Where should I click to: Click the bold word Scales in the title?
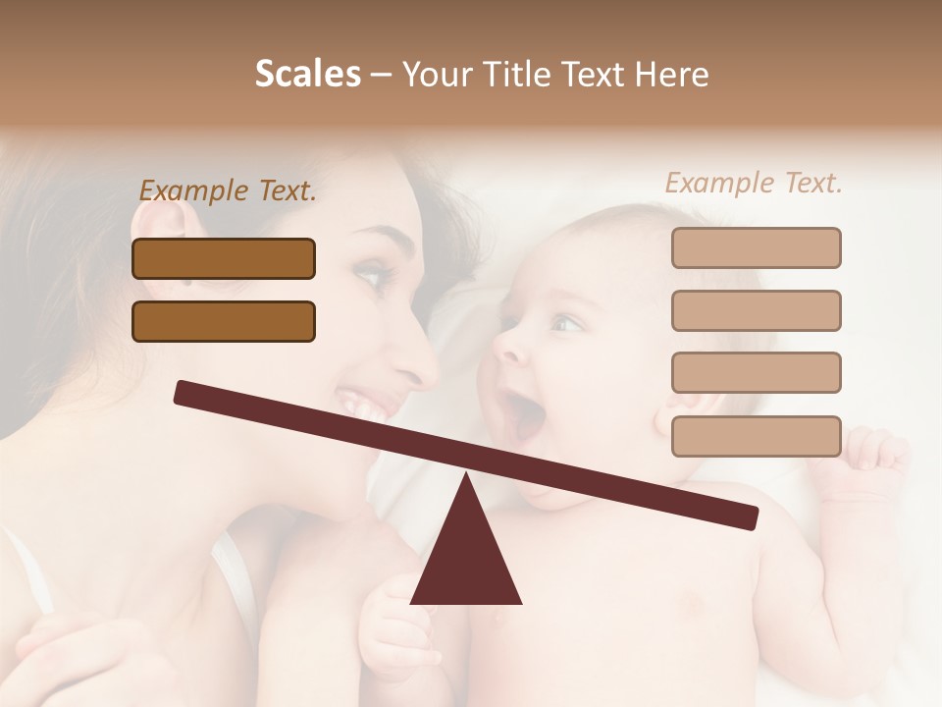(x=307, y=74)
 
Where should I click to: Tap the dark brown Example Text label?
(x=228, y=190)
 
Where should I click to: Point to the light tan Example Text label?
(x=754, y=183)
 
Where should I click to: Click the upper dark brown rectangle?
(x=224, y=258)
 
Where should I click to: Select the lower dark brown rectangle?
(x=224, y=321)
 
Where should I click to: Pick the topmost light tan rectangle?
(x=756, y=247)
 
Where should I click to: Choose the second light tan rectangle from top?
(x=756, y=310)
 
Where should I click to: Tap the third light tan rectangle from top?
(x=756, y=372)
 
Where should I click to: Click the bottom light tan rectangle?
(x=756, y=436)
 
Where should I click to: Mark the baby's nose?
(x=506, y=343)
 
